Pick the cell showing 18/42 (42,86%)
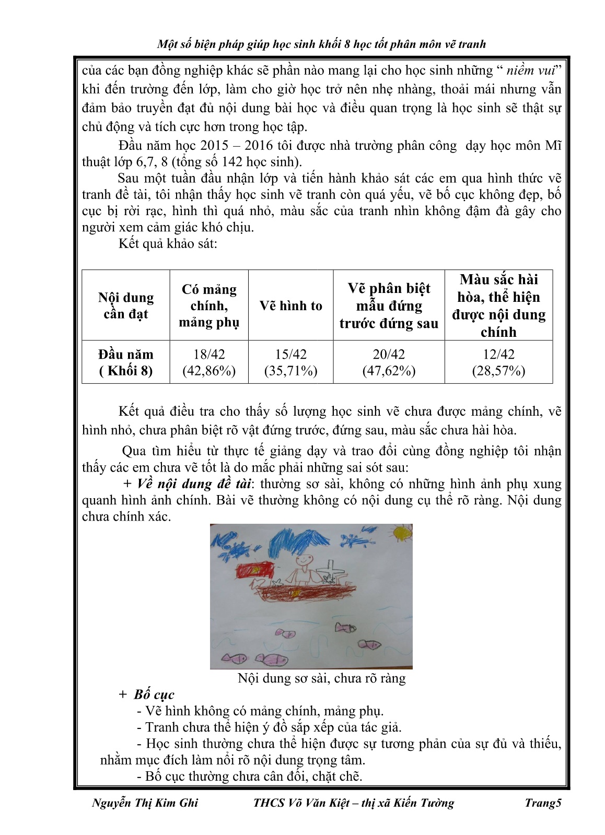click(x=209, y=362)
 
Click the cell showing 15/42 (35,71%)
click(x=291, y=362)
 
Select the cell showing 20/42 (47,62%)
click(x=389, y=362)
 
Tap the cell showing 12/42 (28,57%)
click(x=498, y=362)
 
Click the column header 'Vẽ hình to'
click(x=291, y=305)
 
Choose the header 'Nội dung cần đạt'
click(x=126, y=305)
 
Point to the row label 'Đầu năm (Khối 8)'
click(x=126, y=362)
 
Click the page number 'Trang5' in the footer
click(x=543, y=803)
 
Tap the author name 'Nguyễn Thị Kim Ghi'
click(x=145, y=803)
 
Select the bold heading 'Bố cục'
click(x=154, y=695)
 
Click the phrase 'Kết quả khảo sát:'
click(x=168, y=243)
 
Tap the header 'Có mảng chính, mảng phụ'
click(x=209, y=305)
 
